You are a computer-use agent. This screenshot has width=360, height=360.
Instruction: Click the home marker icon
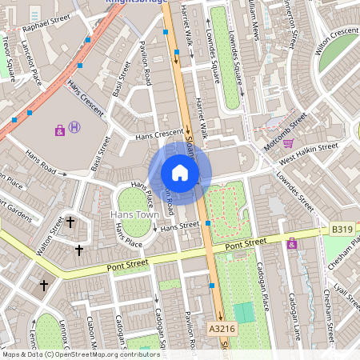pos(180,173)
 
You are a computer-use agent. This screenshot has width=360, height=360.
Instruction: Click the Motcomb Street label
pos(288,125)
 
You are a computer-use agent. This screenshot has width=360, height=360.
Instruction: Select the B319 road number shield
pos(342,230)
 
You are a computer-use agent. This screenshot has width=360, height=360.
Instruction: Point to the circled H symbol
pos(74,126)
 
